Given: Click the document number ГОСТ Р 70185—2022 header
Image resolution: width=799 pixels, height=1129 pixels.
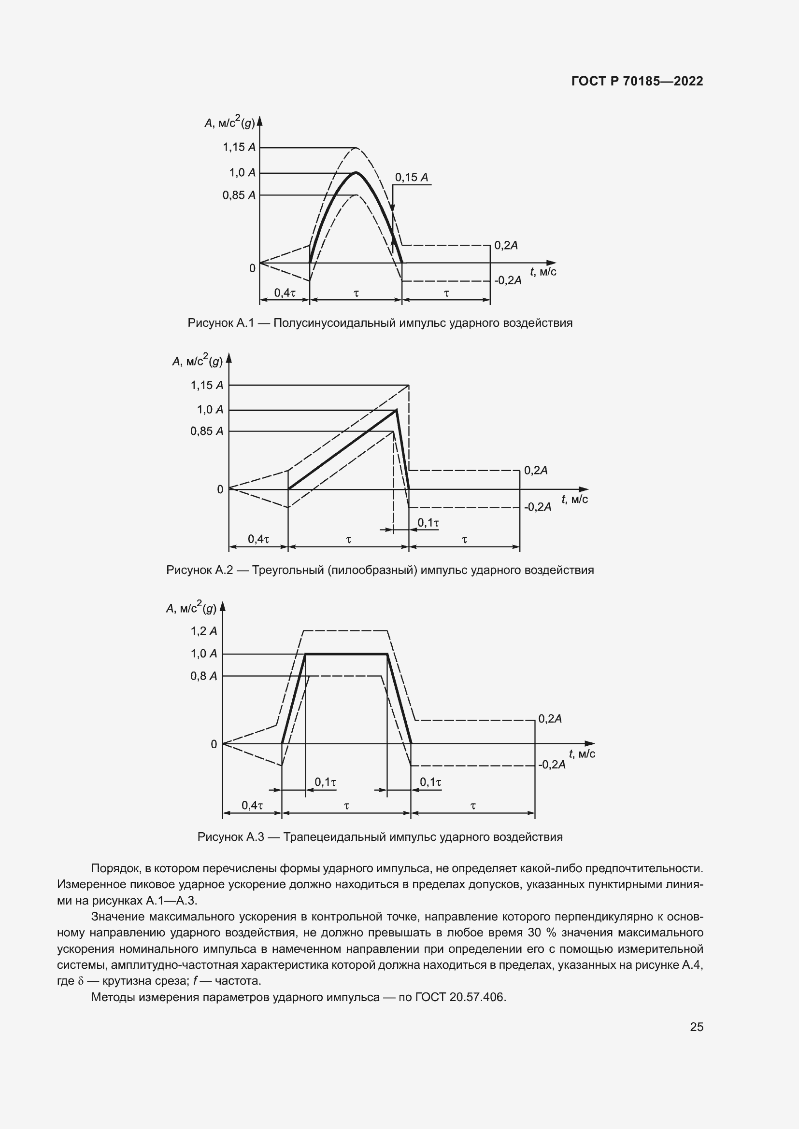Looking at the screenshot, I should (x=637, y=82).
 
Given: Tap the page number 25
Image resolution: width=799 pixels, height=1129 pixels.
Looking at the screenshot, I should (x=696, y=1027).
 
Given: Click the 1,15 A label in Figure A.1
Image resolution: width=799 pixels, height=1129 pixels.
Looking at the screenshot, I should (x=239, y=148).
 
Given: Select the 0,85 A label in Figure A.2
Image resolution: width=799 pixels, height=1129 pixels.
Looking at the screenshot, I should (x=207, y=431).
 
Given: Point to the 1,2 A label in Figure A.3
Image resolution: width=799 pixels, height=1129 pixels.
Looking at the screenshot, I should (x=204, y=631).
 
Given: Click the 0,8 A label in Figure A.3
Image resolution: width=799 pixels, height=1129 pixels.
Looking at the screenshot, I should (x=204, y=676).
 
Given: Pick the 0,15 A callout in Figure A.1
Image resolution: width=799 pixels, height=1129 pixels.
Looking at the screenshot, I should (x=411, y=178).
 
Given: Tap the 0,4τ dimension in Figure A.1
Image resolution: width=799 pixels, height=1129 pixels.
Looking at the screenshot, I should (x=285, y=293).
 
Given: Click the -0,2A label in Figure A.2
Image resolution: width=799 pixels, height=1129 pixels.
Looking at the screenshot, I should (x=537, y=507).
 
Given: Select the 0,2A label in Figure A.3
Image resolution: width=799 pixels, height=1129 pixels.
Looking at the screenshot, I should (x=550, y=719).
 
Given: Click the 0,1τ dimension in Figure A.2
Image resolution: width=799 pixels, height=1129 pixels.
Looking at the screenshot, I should (x=428, y=523).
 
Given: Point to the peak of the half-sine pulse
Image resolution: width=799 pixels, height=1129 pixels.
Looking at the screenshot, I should (x=356, y=173).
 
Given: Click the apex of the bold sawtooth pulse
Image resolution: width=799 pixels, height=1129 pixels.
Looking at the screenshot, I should (x=396, y=410).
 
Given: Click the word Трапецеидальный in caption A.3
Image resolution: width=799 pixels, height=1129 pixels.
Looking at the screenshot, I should (x=335, y=837).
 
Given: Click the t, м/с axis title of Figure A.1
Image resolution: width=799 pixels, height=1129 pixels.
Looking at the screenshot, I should (x=543, y=271).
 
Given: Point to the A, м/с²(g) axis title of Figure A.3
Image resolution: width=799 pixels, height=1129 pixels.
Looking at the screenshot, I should (x=191, y=608).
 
